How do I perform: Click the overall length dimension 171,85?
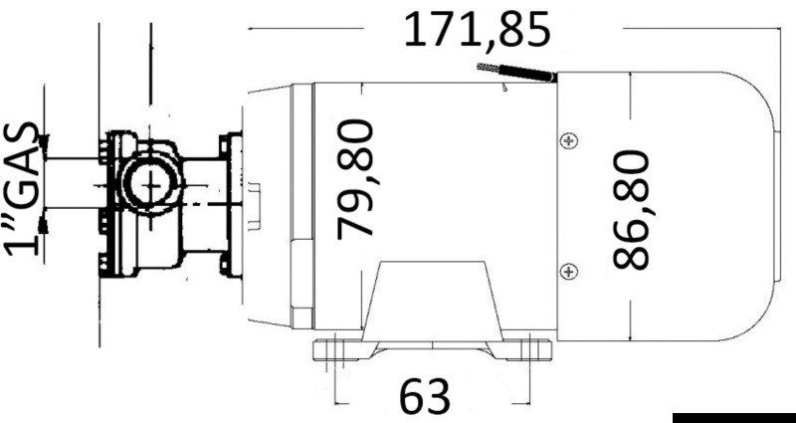(476, 31)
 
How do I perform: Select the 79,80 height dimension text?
(355, 179)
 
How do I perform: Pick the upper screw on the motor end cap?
(568, 141)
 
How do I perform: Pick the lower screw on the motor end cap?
(568, 270)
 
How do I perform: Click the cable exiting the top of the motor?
(515, 73)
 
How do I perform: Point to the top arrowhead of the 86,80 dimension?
(631, 80)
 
